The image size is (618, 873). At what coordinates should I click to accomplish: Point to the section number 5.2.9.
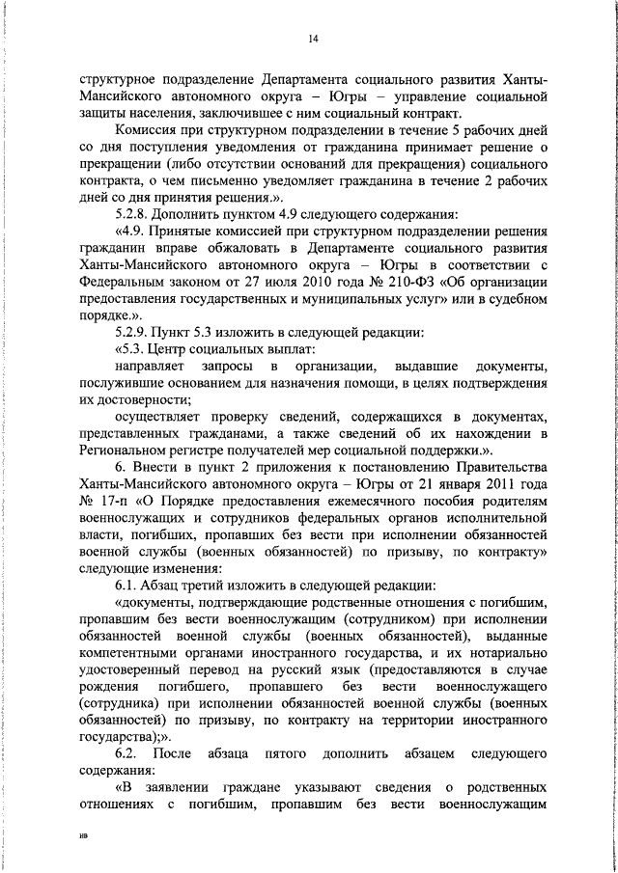tap(132, 332)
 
